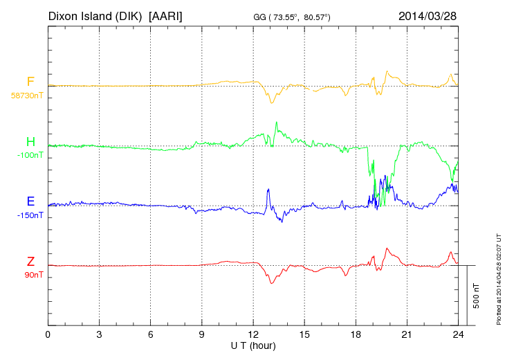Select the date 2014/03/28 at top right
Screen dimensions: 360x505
tap(428, 15)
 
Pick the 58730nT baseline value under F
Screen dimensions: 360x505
tap(27, 96)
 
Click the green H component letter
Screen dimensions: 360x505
tap(30, 143)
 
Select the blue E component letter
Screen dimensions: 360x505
tap(30, 202)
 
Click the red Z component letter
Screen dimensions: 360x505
tap(30, 262)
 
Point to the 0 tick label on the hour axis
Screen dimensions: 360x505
tap(48, 335)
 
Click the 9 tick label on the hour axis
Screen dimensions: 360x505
tap(202, 335)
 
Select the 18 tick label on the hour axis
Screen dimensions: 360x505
tap(356, 335)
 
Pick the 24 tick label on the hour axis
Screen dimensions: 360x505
tap(458, 335)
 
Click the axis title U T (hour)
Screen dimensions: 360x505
tap(253, 345)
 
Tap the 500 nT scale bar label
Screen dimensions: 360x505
tap(477, 296)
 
